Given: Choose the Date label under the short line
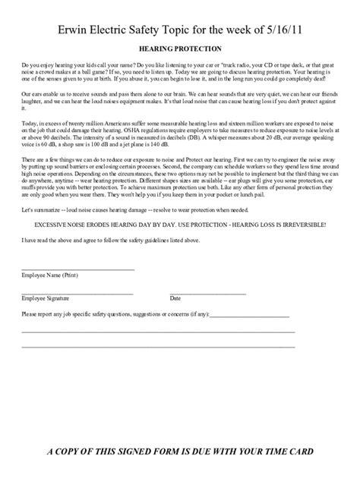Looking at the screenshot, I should point(175,299).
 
